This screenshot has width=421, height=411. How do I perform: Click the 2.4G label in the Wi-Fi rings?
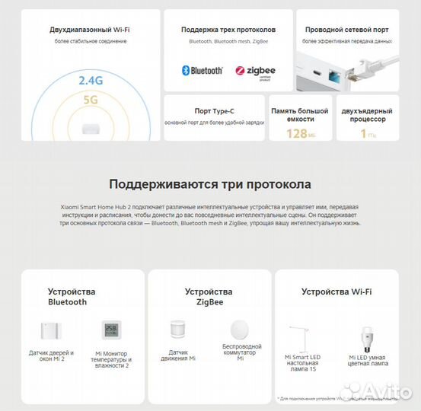(x=91, y=78)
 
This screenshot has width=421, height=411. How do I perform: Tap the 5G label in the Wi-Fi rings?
(x=91, y=98)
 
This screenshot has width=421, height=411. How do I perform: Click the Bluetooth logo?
(x=202, y=70)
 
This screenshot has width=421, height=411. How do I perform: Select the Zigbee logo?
(x=255, y=70)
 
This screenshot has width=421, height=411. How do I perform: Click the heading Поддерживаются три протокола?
(x=209, y=184)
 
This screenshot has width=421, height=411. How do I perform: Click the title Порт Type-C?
(x=214, y=111)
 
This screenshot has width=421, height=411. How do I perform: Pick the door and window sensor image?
(x=52, y=332)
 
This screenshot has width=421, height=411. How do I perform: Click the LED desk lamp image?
(x=301, y=335)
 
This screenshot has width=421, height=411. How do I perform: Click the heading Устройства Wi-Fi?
(x=336, y=292)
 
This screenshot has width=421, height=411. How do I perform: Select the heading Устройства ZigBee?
(x=209, y=297)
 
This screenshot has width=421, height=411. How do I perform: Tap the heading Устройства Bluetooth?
(x=72, y=297)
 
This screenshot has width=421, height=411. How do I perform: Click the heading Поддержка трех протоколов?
(x=228, y=30)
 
